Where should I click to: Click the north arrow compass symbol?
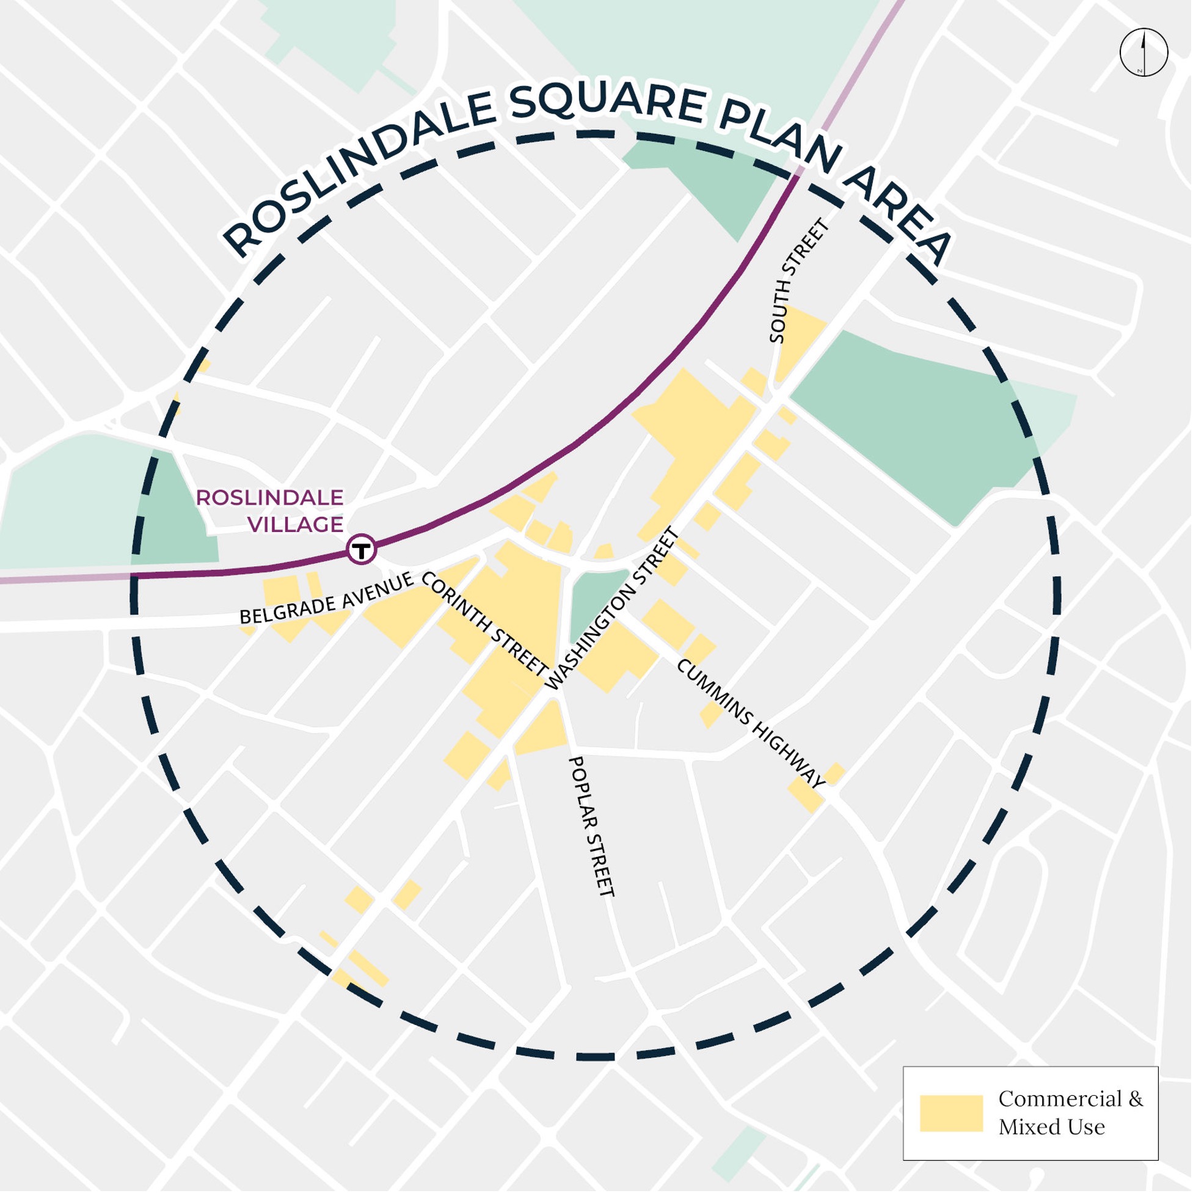(1143, 52)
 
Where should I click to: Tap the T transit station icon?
(362, 549)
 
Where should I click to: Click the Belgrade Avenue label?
(326, 599)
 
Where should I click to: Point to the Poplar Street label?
(591, 826)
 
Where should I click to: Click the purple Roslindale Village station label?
(271, 511)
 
